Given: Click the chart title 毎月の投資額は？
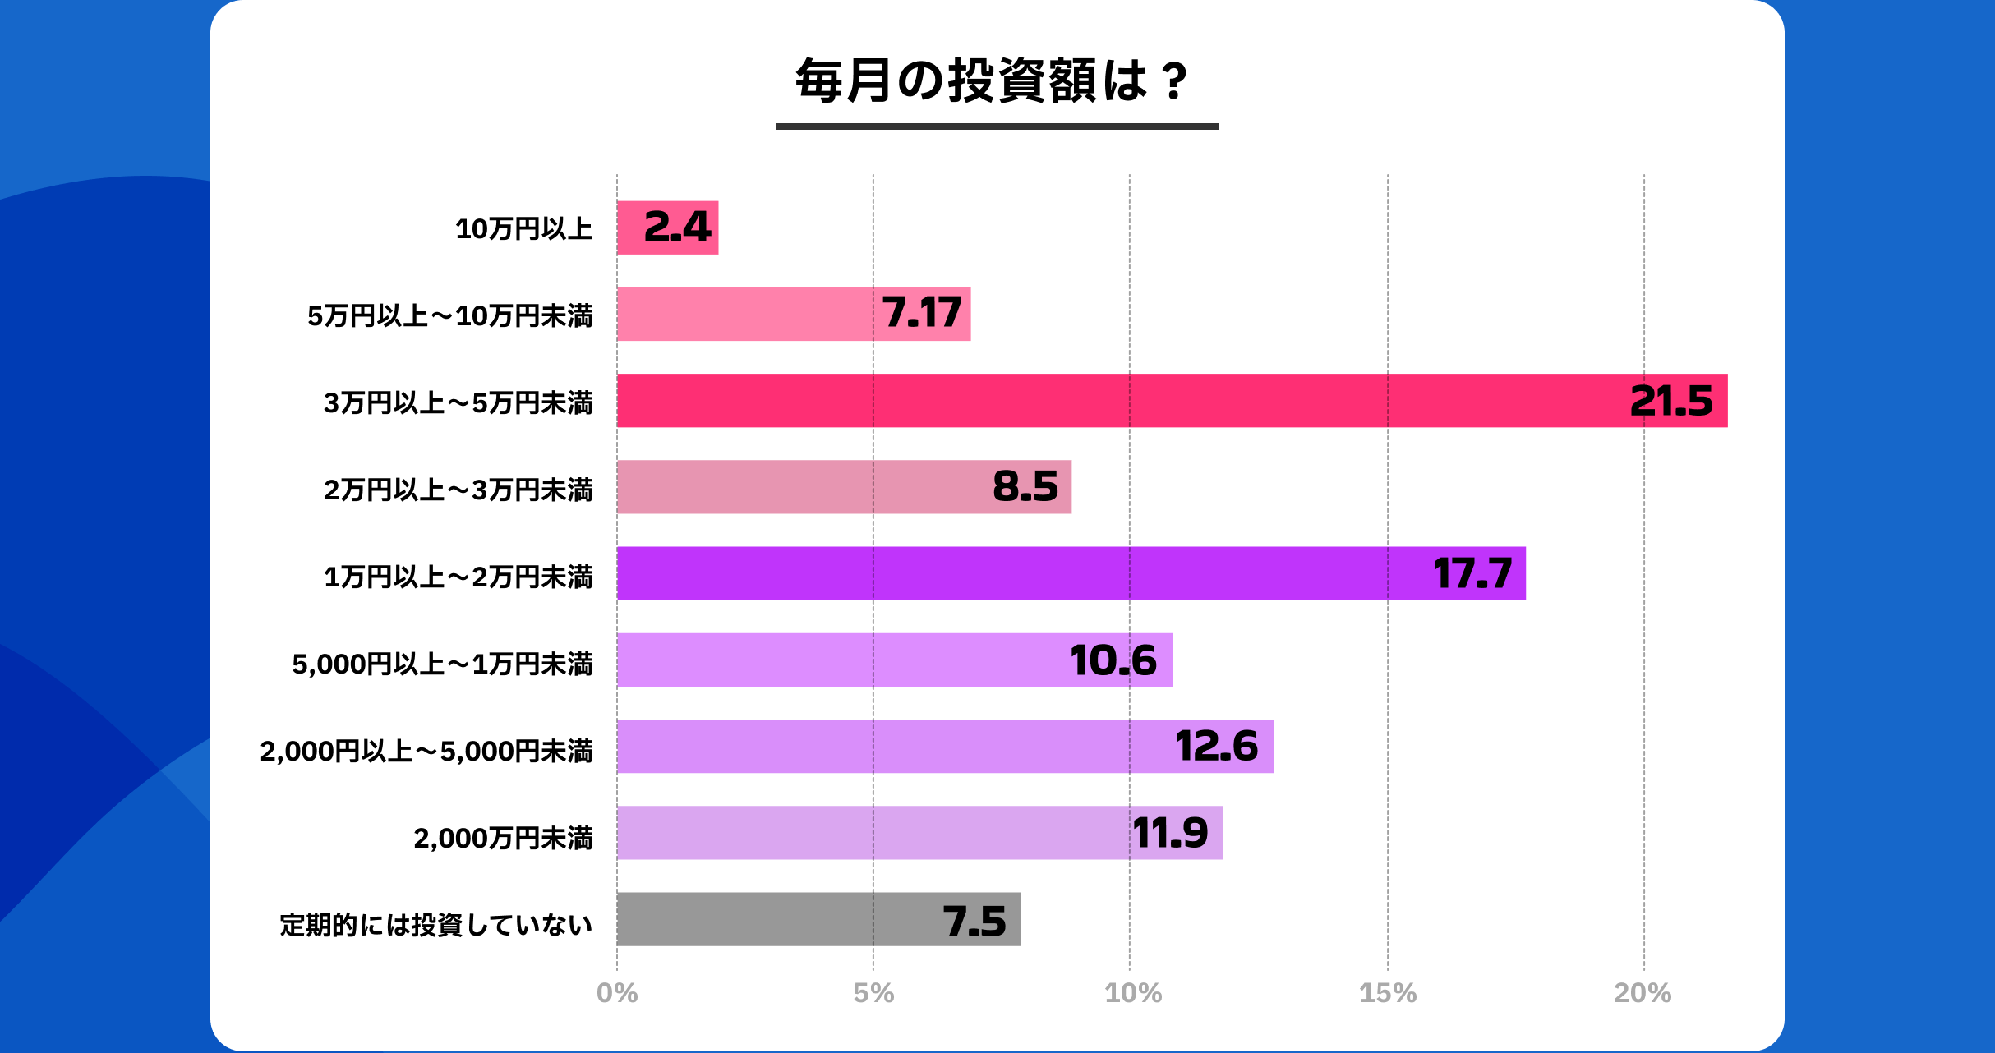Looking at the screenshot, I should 992,81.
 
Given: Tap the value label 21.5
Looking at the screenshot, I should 1670,401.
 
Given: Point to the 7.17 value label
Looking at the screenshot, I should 921,313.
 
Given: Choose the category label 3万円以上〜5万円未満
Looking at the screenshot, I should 458,402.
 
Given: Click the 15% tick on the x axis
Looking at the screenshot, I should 1388,993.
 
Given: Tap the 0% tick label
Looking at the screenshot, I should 617,993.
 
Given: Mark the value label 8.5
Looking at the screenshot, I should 1025,486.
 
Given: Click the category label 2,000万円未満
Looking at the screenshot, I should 502,838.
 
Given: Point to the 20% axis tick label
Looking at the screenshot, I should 1643,993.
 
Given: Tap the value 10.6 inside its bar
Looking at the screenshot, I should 1113,660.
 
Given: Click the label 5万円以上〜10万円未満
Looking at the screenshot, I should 449,315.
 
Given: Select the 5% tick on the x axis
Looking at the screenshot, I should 873,993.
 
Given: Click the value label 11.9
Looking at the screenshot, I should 1170,833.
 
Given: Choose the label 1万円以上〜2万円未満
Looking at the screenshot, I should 458,577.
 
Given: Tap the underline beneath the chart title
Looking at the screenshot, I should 997,126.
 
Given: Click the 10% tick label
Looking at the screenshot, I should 1132,993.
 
